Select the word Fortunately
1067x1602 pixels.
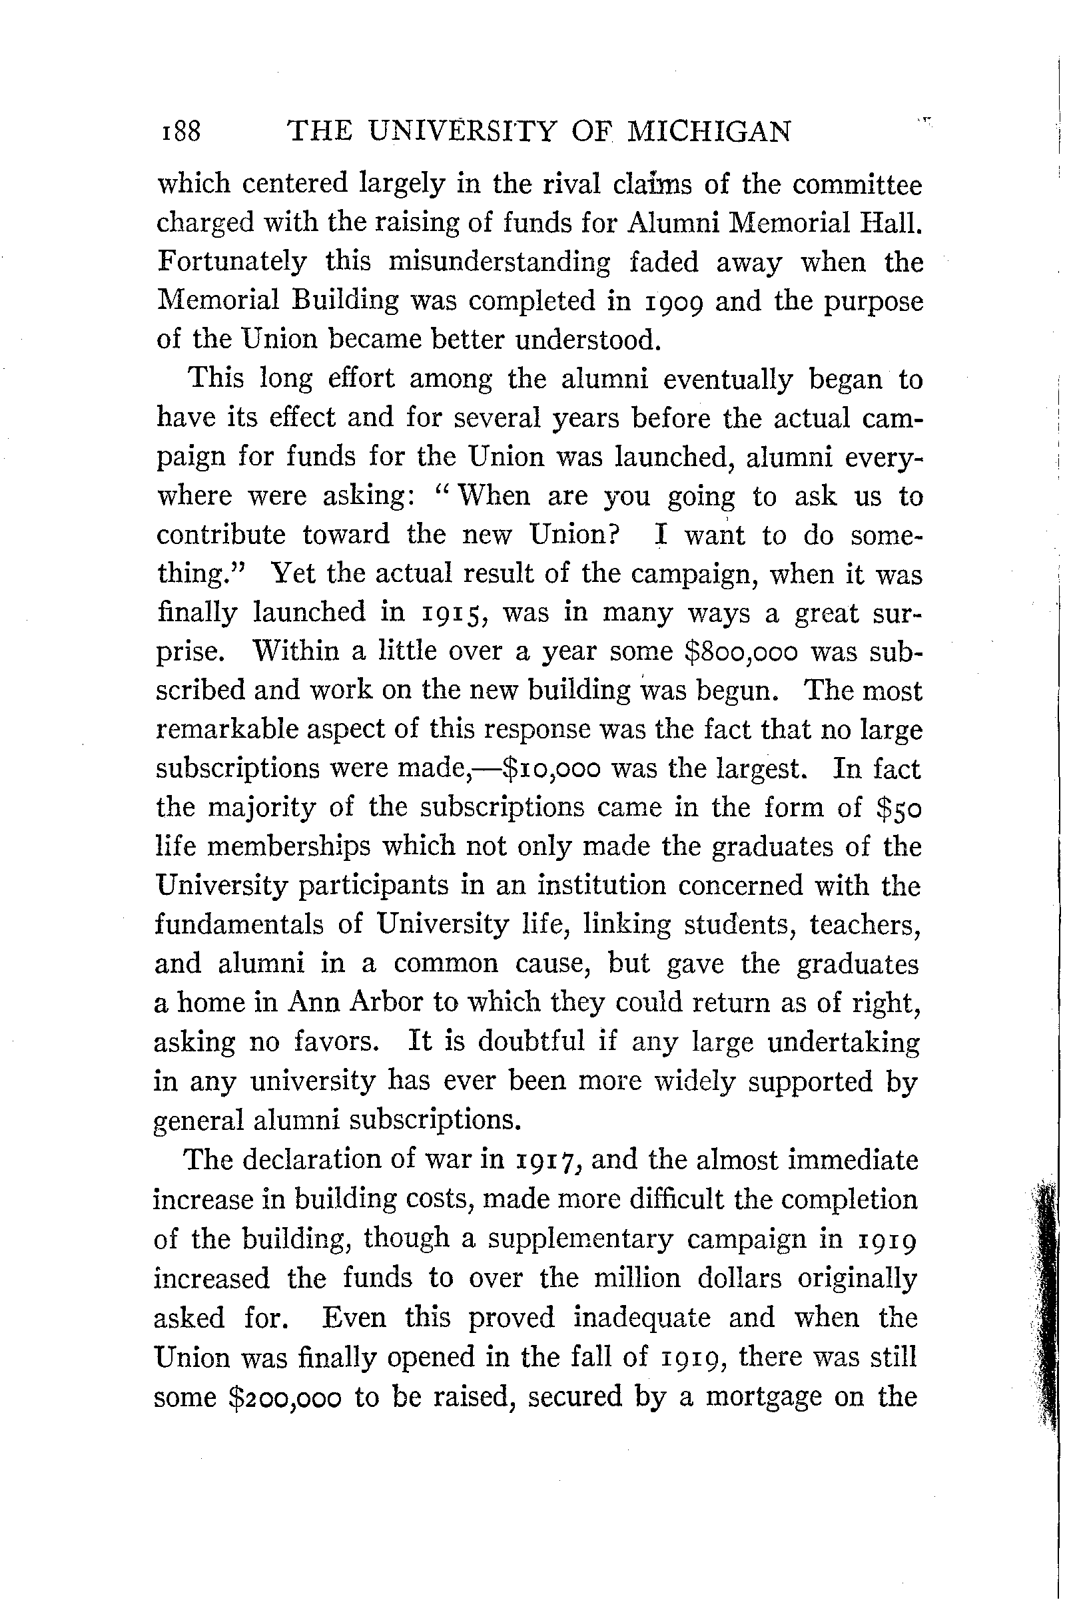point(232,262)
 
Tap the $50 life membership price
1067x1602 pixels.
point(898,808)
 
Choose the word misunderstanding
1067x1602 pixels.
point(499,262)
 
